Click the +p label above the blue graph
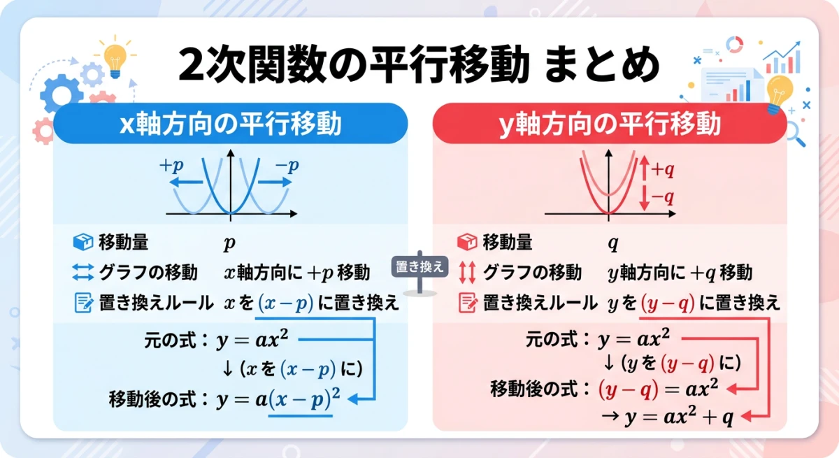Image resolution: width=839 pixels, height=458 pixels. pyautogui.click(x=173, y=166)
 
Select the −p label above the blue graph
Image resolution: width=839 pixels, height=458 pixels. pyautogui.click(x=286, y=166)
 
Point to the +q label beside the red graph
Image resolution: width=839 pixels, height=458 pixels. pyautogui.click(x=662, y=169)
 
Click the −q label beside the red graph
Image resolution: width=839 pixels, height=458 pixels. pyautogui.click(x=662, y=197)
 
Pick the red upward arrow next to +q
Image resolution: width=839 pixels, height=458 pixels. pyautogui.click(x=645, y=169)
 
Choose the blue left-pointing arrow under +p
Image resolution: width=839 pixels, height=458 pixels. pyautogui.click(x=185, y=182)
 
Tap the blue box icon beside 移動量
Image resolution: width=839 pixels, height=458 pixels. pyautogui.click(x=83, y=242)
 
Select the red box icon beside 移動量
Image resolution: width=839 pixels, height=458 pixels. pyautogui.click(x=466, y=242)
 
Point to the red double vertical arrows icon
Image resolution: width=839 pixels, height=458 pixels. pyautogui.click(x=466, y=272)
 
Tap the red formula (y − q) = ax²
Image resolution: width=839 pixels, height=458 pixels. pyautogui.click(x=658, y=388)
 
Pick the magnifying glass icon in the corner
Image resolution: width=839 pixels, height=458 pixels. pyautogui.click(x=794, y=134)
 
